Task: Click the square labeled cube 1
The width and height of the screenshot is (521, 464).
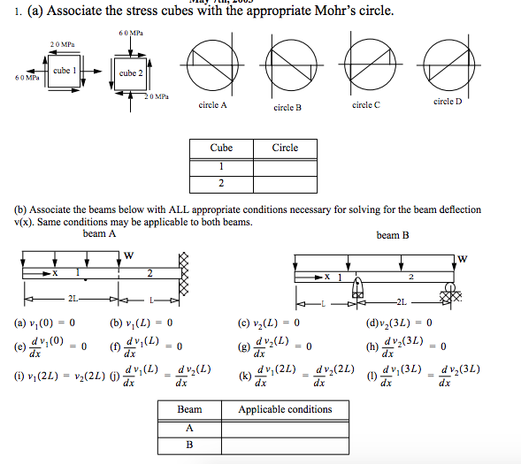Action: click(65, 70)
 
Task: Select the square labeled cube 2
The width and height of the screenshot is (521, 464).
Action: click(130, 73)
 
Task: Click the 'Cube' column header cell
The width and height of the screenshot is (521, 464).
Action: click(221, 148)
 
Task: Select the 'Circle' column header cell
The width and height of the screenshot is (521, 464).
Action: click(285, 148)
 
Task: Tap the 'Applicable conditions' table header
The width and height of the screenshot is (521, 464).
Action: click(285, 409)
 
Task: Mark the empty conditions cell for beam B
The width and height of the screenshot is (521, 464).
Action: click(285, 445)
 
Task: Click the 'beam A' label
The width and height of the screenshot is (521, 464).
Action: click(99, 234)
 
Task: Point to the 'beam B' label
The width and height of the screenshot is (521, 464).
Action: click(393, 235)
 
